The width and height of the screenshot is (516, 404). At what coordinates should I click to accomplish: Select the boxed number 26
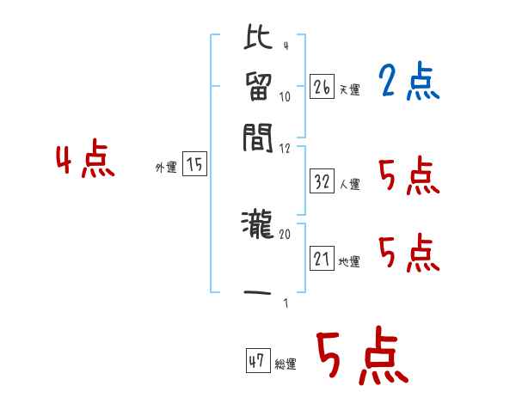[322, 86]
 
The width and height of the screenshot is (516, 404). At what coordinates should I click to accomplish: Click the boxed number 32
[322, 181]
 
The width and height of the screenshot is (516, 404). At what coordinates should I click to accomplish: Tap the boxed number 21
[322, 259]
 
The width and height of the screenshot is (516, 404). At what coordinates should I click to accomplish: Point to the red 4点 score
[85, 162]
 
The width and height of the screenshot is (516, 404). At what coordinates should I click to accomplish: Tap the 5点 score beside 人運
[408, 177]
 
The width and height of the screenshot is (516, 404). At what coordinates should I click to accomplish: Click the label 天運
[349, 89]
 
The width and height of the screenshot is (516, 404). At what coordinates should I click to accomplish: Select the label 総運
[286, 364]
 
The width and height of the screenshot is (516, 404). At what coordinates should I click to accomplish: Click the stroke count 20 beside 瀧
[286, 233]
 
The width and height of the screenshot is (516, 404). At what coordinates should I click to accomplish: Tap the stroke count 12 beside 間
[286, 149]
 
